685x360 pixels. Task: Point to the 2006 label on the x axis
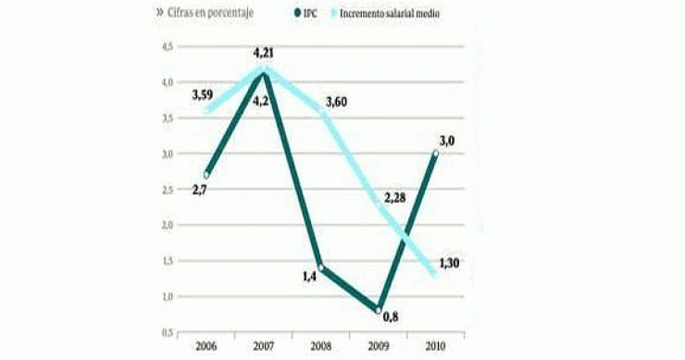tap(206, 346)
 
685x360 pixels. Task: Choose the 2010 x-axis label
tap(434, 346)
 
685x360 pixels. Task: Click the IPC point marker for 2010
tap(435, 154)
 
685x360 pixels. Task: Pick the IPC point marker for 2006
tap(206, 174)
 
